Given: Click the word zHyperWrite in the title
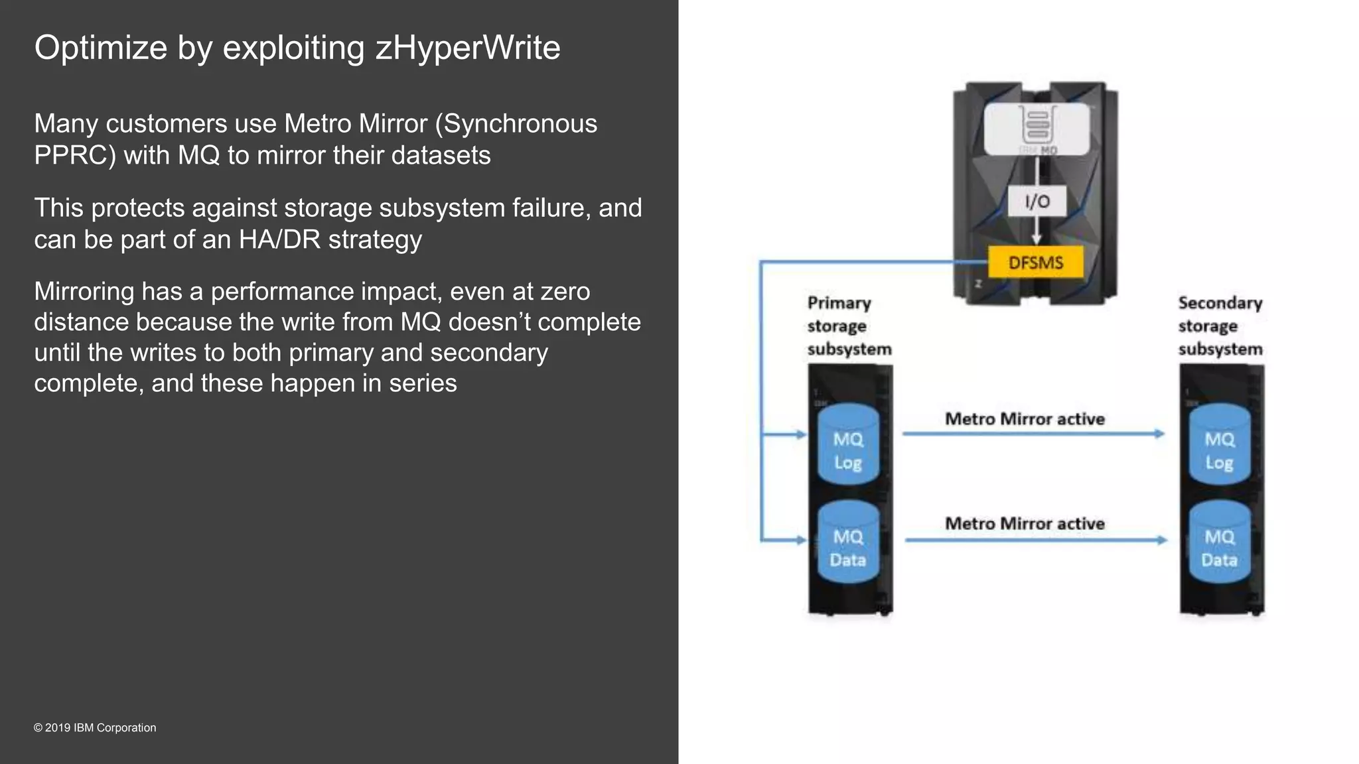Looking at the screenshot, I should (x=468, y=48).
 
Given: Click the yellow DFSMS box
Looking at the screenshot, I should (x=1035, y=263).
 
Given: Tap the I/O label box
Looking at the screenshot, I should (x=1037, y=202).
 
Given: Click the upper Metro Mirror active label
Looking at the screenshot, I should (x=1025, y=419).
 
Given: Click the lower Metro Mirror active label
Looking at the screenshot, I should (x=1025, y=524).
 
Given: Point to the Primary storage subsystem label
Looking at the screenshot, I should (x=849, y=326).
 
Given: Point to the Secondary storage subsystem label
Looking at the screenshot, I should (x=1220, y=326).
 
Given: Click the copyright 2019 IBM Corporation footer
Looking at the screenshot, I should (x=95, y=728).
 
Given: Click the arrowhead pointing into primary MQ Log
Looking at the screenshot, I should (x=801, y=435).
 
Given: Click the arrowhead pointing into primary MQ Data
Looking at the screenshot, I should (x=801, y=540).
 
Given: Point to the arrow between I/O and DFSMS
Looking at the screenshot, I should (x=1037, y=232).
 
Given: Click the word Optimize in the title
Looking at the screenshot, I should (x=101, y=48).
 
